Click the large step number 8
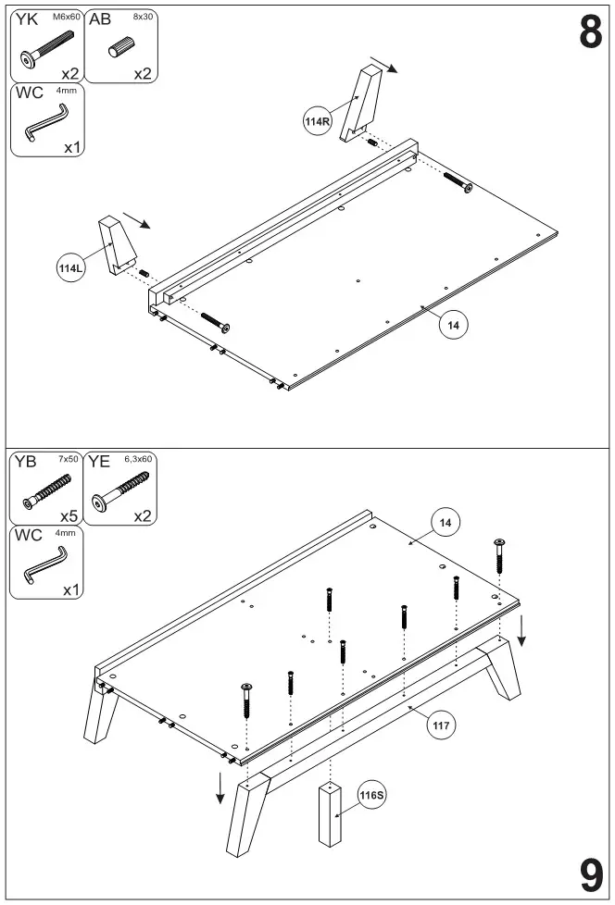[x=590, y=32]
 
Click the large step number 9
[x=590, y=873]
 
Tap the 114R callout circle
[x=318, y=121]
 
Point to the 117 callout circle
[x=442, y=725]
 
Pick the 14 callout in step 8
[x=453, y=325]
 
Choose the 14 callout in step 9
[x=446, y=524]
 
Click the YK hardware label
[x=27, y=18]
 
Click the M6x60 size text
[x=66, y=16]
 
